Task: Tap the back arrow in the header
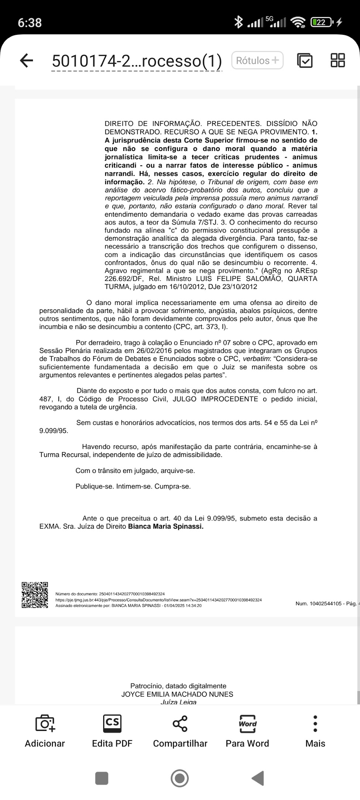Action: pos(26,61)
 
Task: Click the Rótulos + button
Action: pos(257,61)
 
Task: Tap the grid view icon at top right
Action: pos(337,61)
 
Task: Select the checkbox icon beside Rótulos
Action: pos(305,61)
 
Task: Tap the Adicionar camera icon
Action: pos(45,723)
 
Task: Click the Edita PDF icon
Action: pos(112,723)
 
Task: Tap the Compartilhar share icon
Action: pos(180,723)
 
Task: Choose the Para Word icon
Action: pos(247,723)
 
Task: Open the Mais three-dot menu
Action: pos(315,723)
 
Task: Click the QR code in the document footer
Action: pos(35,595)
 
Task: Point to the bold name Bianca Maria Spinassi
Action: pos(166,526)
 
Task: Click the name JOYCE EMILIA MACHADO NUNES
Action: pos(177,694)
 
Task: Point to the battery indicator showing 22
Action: pos(321,23)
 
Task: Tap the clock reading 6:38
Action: pos(30,23)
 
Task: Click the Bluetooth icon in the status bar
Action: pos(239,23)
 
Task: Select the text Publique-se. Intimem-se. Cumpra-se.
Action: pos(133,487)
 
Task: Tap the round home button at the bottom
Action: pos(180,779)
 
